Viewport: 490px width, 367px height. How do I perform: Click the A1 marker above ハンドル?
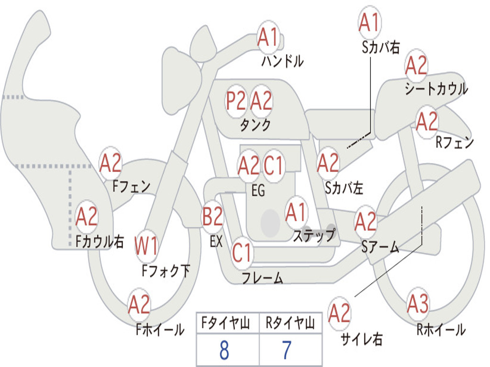(x=268, y=37)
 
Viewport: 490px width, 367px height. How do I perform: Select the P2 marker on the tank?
(x=236, y=101)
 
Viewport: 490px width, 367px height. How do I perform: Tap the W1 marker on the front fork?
(x=146, y=247)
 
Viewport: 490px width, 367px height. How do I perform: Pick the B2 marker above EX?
(x=213, y=217)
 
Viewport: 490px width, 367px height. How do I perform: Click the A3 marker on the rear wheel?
(x=418, y=304)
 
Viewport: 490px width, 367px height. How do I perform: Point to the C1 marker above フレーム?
(x=242, y=252)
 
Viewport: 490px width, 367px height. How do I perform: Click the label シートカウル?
(x=436, y=89)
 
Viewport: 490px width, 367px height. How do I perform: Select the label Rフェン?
(x=454, y=142)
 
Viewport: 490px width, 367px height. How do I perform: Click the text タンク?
(x=255, y=125)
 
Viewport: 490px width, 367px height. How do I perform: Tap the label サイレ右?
(x=361, y=339)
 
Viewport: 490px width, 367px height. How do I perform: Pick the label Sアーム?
(x=380, y=247)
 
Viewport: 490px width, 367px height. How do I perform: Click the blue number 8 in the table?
(x=224, y=351)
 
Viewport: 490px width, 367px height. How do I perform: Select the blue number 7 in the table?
(x=287, y=351)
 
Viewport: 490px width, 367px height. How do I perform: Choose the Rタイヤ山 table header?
(x=290, y=324)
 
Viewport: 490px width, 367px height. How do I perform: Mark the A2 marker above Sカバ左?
(x=328, y=163)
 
